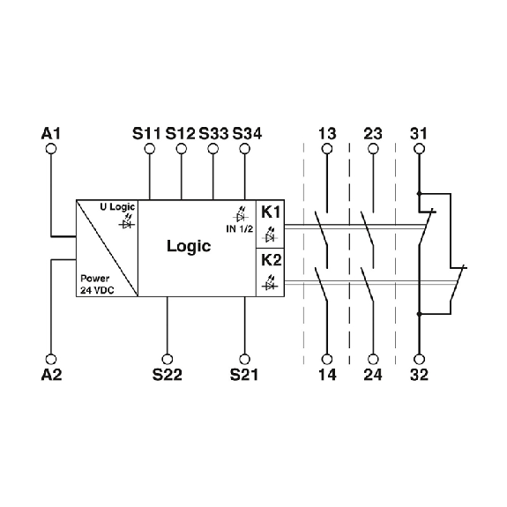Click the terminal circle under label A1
coord(51,149)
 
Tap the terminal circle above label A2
coord(51,359)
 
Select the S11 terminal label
coord(146,133)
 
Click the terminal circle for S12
coord(182,149)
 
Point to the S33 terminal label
coord(213,133)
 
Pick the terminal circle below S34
coord(245,149)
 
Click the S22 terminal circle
coord(168,359)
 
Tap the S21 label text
coord(244,375)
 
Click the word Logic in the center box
coord(189,246)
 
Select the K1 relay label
coord(271,212)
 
